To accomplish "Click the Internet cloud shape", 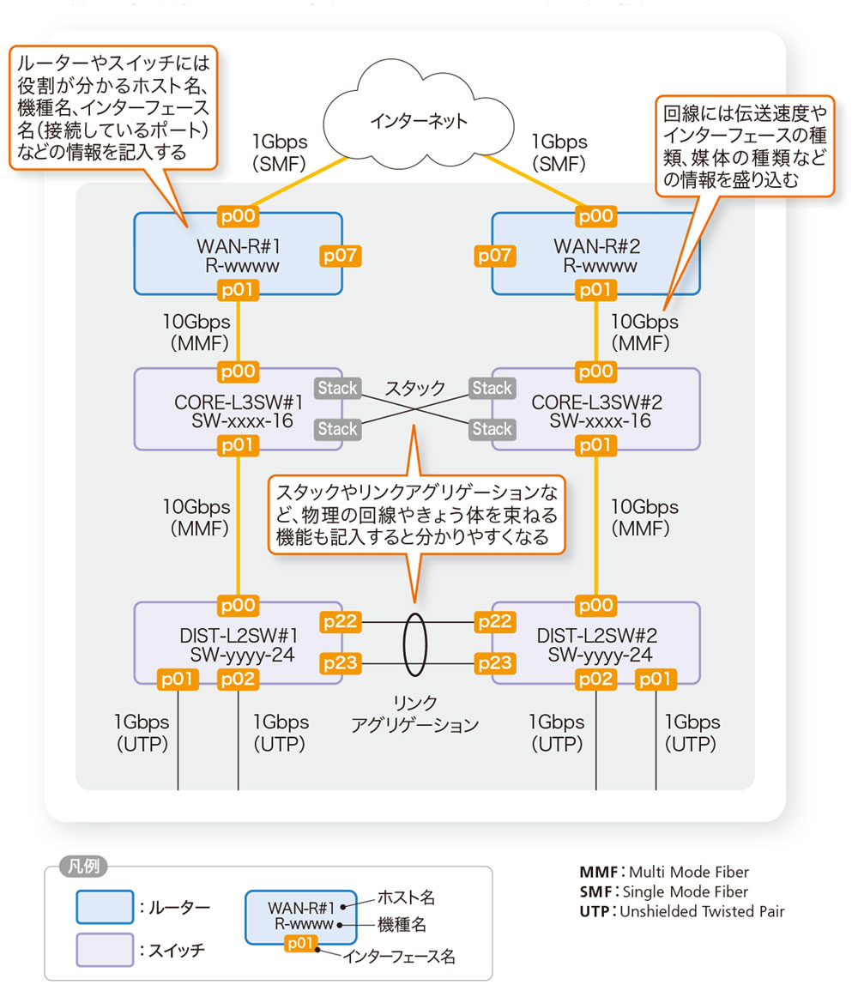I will click(419, 121).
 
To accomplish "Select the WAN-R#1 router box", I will click(238, 255).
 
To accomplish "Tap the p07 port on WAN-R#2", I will click(494, 255).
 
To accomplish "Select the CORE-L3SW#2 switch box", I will click(595, 409).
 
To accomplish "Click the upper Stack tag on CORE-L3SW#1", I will click(337, 388).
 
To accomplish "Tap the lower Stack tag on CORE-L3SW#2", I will click(492, 428).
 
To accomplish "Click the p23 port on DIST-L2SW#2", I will click(495, 662).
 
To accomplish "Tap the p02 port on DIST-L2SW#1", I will click(238, 680).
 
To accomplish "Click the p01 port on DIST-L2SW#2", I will click(656, 680).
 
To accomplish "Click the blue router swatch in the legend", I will click(105, 907).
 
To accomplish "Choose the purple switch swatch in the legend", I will click(105, 950).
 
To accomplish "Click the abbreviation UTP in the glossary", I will click(595, 911).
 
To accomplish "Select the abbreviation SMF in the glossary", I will click(595, 891).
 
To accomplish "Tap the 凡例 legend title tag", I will click(83, 867).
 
